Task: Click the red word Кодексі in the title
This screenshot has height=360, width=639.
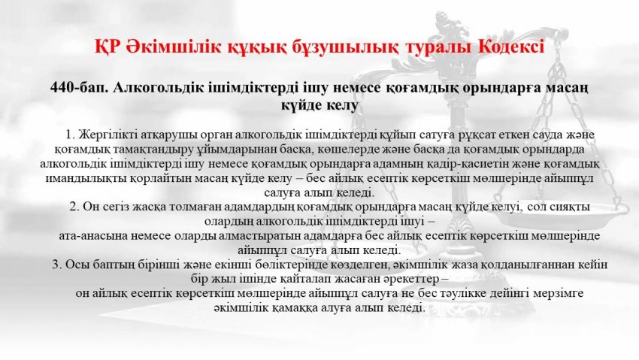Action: [x=510, y=47]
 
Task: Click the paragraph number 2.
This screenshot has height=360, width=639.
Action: [x=74, y=207]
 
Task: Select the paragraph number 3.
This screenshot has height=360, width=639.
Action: [x=56, y=265]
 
